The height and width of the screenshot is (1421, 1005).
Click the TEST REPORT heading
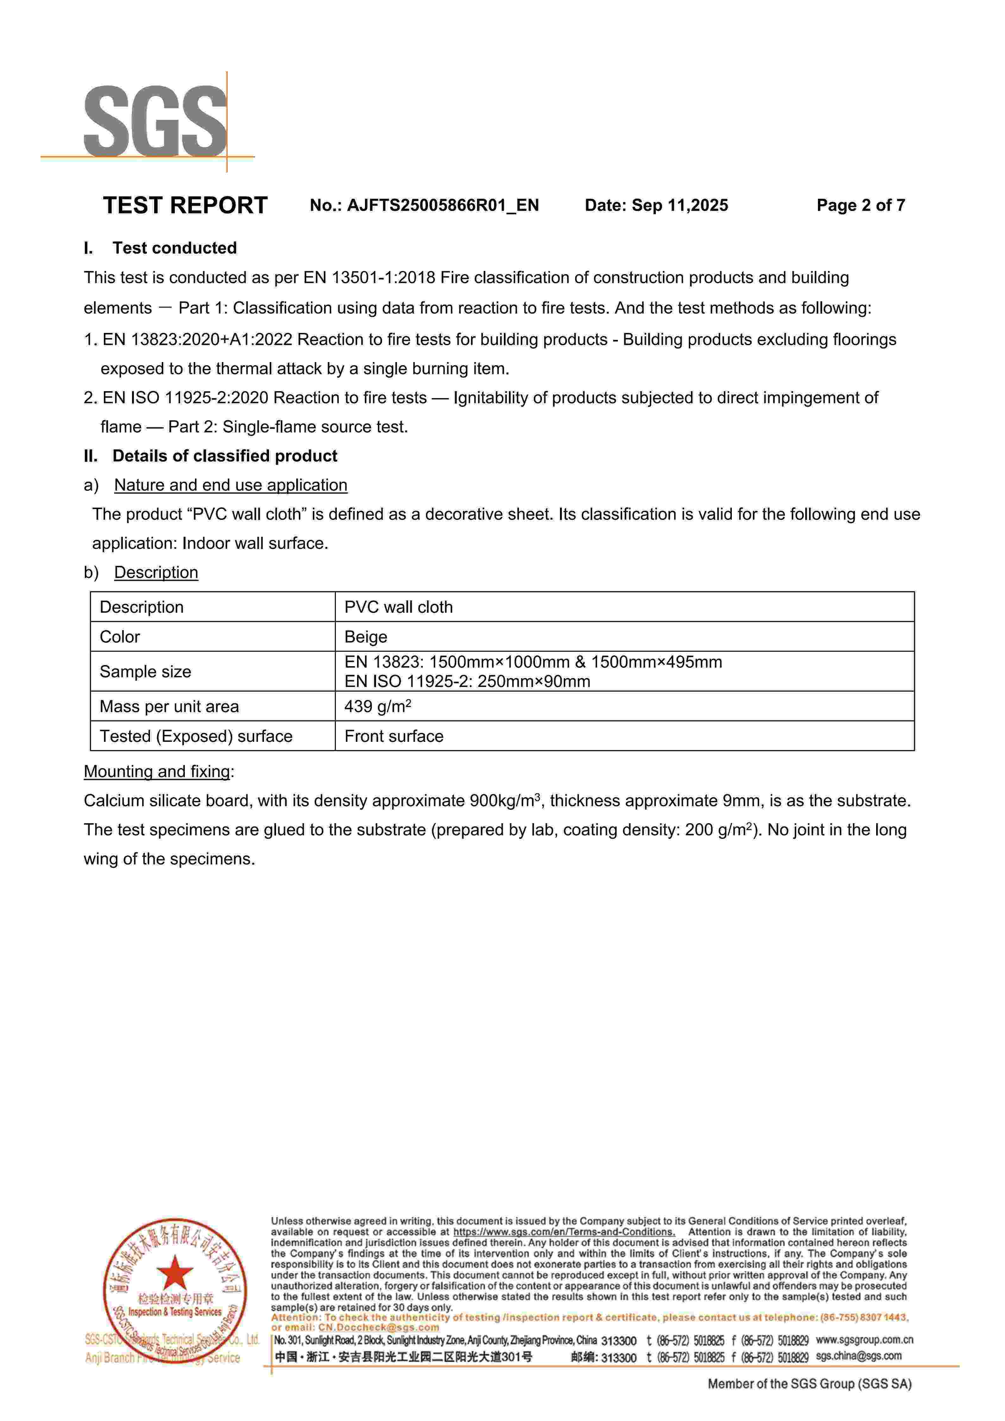[x=185, y=205]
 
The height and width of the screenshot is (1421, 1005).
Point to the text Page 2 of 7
[x=860, y=205]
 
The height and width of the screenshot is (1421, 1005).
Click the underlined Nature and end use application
[x=230, y=485]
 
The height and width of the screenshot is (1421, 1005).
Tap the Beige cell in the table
[x=366, y=637]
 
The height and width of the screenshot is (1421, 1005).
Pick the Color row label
[x=120, y=637]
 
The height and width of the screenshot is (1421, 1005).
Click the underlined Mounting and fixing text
[x=157, y=772]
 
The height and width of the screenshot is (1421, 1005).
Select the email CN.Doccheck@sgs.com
[x=379, y=1328]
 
